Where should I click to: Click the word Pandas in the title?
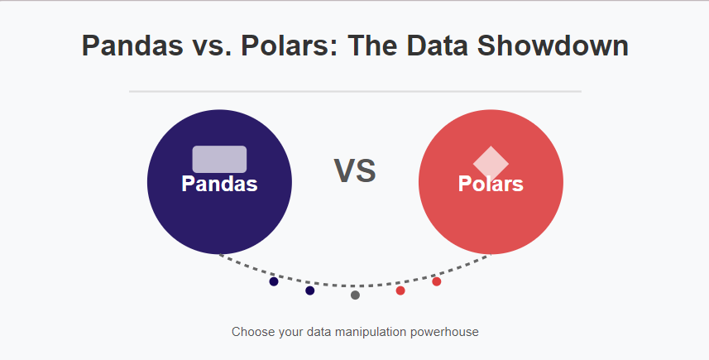(x=132, y=46)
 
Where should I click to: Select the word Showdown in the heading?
(x=553, y=46)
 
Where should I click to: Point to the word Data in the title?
(x=437, y=46)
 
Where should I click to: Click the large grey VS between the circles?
(x=355, y=171)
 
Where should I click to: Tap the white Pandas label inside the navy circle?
(x=219, y=184)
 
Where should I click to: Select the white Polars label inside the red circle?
(x=491, y=184)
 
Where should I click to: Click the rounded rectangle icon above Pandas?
(x=219, y=159)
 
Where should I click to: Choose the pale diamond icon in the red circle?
(x=491, y=163)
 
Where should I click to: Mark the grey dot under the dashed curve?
(x=355, y=295)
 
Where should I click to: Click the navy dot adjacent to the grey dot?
(x=309, y=290)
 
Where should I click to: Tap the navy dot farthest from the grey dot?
(x=274, y=281)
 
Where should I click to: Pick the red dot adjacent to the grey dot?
(x=400, y=290)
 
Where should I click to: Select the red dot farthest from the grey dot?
(x=436, y=281)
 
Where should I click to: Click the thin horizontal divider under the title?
(x=355, y=91)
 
